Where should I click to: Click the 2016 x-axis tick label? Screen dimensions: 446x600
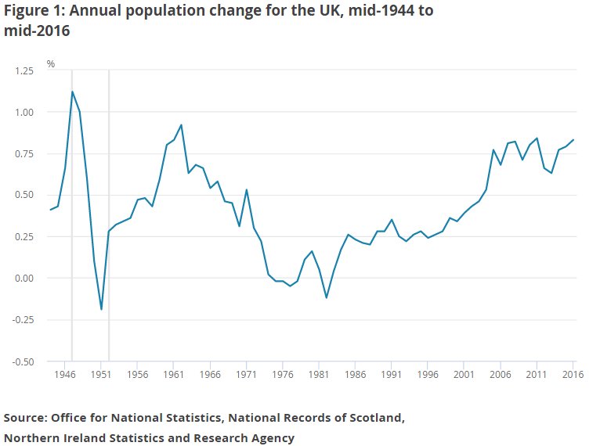point(573,375)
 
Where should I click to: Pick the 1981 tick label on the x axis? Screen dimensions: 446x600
point(319,375)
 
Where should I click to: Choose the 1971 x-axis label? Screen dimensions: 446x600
point(246,375)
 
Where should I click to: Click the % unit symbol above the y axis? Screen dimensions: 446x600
point(50,63)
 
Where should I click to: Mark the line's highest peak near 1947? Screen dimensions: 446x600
point(72,92)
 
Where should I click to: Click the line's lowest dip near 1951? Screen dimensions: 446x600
point(101,310)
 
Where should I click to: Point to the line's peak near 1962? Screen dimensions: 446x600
point(181,124)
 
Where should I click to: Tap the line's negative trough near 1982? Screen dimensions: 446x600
point(326,298)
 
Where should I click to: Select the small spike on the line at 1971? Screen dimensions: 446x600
point(246,189)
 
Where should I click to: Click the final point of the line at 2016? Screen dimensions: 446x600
point(573,140)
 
